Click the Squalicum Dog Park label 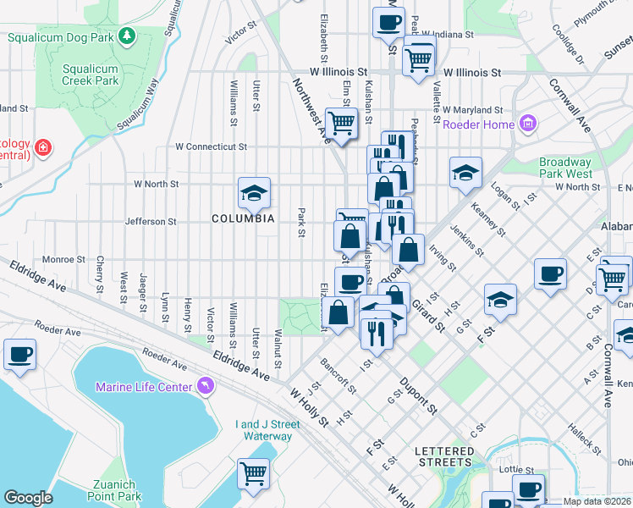tap(60, 36)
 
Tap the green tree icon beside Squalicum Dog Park tap(126, 36)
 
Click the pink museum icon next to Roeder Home tap(528, 124)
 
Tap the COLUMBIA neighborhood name tap(243, 218)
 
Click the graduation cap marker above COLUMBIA tap(253, 194)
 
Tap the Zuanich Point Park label tap(111, 489)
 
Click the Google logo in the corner tap(28, 498)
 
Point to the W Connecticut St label tap(211, 146)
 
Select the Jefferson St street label tap(150, 222)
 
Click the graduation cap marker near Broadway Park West tap(465, 174)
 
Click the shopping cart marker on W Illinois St tap(418, 59)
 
